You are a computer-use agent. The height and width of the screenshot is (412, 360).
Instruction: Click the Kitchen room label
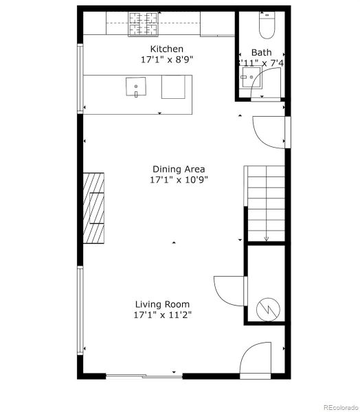(166, 49)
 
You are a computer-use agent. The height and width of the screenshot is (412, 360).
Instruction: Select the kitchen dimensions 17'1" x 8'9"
(166, 60)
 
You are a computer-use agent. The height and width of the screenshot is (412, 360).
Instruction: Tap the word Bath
(260, 52)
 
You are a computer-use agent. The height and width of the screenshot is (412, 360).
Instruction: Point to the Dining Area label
(179, 169)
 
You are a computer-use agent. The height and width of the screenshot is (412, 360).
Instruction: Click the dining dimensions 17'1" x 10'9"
(179, 180)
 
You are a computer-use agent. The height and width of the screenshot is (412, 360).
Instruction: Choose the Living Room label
(162, 304)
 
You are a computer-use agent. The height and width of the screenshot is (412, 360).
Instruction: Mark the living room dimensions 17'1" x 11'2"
(162, 315)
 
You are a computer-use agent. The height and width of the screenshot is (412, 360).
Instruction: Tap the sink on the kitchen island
(136, 87)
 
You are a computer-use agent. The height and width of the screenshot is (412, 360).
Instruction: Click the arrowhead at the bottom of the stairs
(266, 238)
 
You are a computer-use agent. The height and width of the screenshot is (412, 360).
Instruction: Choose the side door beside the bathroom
(268, 130)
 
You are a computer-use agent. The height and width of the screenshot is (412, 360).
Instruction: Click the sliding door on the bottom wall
(144, 376)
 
